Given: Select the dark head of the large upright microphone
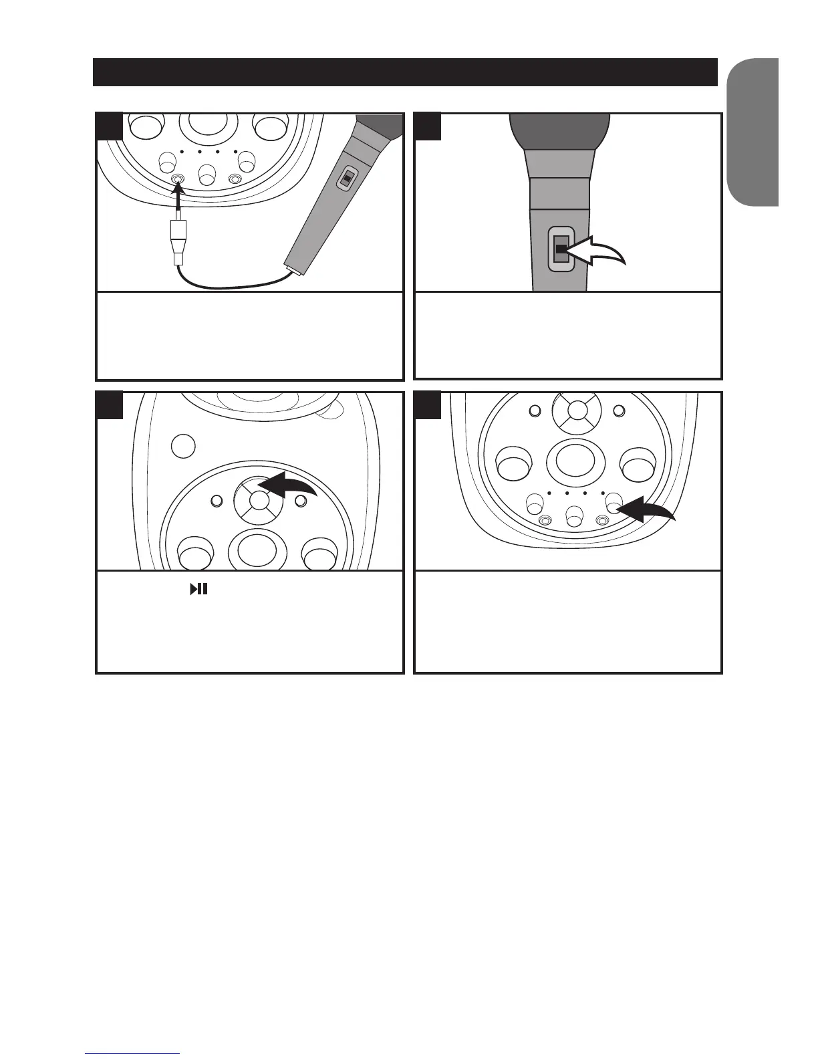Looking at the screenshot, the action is coord(559,131).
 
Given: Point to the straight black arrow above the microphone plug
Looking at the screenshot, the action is coord(180,201).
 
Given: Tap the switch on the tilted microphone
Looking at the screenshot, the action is coord(346,179).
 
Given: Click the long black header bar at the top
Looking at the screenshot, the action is coord(405,72).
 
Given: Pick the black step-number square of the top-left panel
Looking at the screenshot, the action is coord(109,126).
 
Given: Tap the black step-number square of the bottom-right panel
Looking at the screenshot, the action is coord(428,405).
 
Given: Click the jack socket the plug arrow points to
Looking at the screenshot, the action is coord(178,179).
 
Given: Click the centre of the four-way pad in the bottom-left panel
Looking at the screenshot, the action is coord(259,501).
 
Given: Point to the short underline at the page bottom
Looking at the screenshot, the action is coord(133,1053).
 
